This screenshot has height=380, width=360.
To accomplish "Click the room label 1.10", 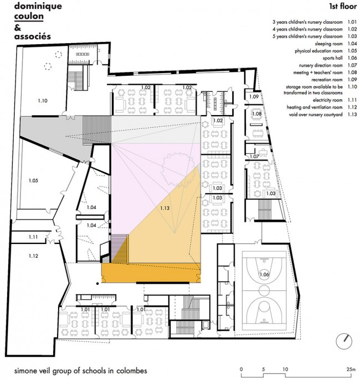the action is click(x=43, y=101).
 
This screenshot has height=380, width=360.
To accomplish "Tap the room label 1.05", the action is click(x=33, y=180).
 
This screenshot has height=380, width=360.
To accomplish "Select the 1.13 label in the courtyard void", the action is click(x=164, y=208).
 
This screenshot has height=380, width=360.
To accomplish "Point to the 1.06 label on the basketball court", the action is click(x=264, y=274).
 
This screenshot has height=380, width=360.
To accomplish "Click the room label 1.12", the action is click(x=33, y=256).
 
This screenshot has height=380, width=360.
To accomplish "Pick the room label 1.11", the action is click(x=33, y=237).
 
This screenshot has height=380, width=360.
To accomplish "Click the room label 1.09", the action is click(x=254, y=96).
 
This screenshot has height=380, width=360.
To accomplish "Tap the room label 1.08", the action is click(x=256, y=113).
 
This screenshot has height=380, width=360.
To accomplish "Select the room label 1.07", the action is click(x=254, y=157).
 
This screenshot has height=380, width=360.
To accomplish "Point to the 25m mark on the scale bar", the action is click(x=351, y=369).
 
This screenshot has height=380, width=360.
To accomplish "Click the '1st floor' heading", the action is click(x=343, y=6).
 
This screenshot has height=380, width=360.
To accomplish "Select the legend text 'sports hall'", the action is click(x=333, y=58).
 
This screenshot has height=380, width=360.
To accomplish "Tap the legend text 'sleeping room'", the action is click(x=328, y=44).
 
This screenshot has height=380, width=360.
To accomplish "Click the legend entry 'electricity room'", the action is click(x=328, y=100).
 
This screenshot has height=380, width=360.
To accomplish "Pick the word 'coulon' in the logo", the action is click(x=29, y=16).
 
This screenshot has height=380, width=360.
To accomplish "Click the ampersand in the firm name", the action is click(x=18, y=28).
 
